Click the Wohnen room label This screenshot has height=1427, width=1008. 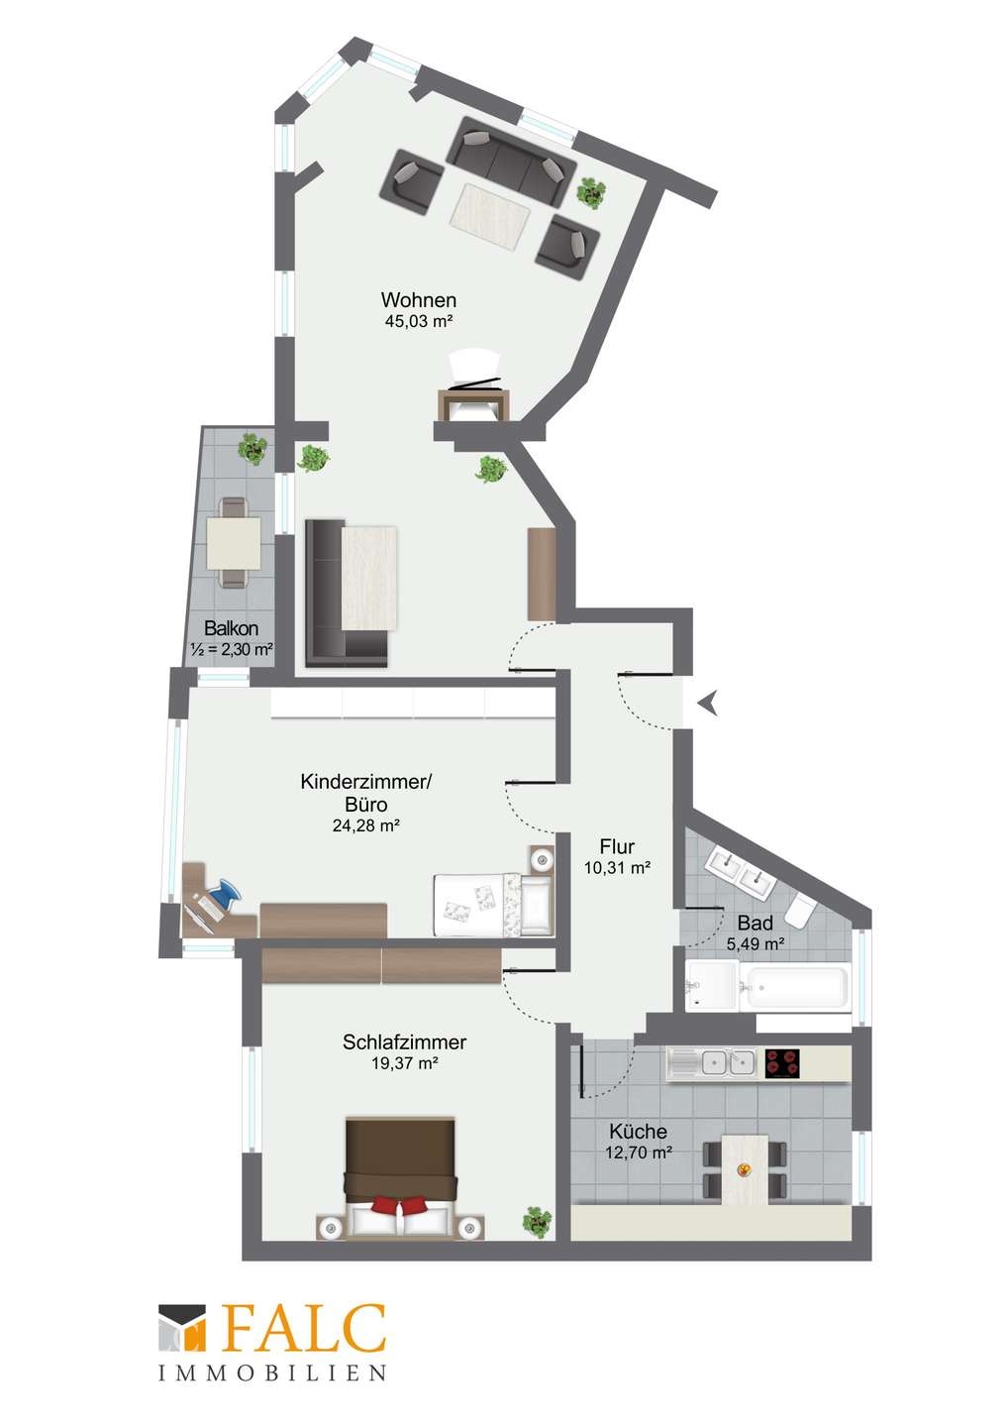point(419,299)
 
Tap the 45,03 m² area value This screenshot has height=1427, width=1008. point(418,321)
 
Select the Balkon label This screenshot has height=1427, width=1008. point(231,628)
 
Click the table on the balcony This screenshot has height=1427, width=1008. point(233,543)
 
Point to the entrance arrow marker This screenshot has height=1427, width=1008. point(708,703)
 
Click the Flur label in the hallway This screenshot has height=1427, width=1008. point(617,846)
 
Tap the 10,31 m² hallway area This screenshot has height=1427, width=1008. point(617,867)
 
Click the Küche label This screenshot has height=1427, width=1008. point(639,1132)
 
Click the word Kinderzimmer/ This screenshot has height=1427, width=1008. point(366,782)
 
